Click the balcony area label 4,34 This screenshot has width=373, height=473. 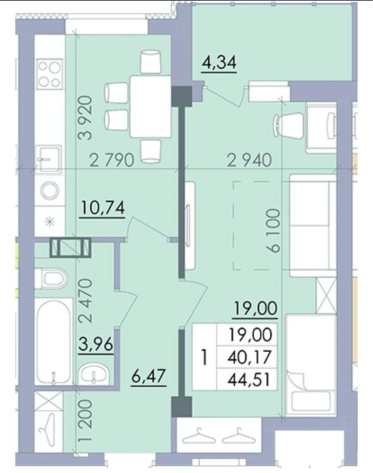[219, 63]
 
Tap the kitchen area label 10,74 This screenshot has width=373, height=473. [103, 208]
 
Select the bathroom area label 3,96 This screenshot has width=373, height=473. [96, 345]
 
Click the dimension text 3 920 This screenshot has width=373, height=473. [85, 118]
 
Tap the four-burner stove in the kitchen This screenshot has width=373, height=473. [50, 74]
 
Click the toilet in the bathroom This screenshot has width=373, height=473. [52, 279]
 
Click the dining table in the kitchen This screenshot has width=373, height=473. [151, 106]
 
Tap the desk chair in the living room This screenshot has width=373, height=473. [288, 127]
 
